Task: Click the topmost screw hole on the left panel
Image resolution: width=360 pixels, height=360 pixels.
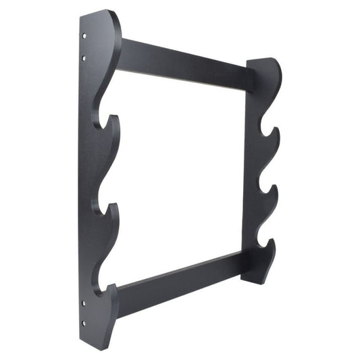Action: (84, 36)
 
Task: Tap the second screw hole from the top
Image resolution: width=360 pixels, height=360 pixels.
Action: (84, 59)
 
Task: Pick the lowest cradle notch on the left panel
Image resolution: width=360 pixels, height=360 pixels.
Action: (103, 287)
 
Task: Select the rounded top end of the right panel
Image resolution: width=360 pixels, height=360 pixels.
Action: (267, 61)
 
